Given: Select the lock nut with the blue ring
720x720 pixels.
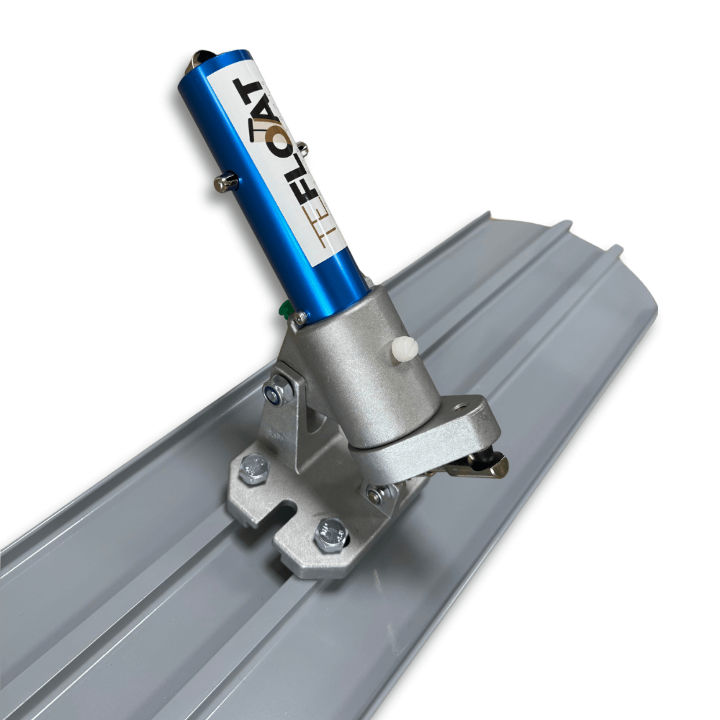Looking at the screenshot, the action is (x=276, y=389).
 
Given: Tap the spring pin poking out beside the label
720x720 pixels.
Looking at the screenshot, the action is (x=302, y=148).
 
